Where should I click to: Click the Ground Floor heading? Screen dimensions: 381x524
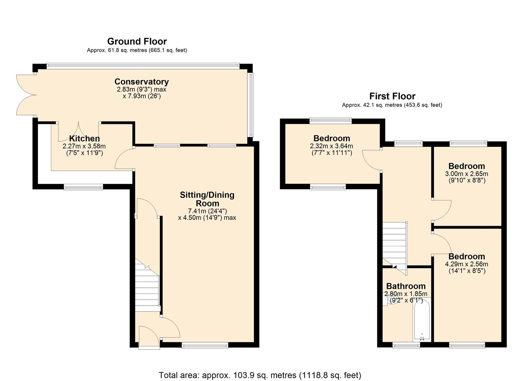[x=137, y=41]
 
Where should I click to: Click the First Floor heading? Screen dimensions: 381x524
[x=392, y=96]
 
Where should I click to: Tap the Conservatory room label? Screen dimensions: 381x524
[x=141, y=82]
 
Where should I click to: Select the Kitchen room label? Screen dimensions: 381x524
[x=84, y=139]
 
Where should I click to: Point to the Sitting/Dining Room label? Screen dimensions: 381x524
[x=207, y=199]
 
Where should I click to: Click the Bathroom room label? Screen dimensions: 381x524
[x=406, y=286]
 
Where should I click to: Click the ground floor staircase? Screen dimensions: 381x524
[x=147, y=286]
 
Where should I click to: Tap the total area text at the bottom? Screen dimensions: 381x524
[x=260, y=375]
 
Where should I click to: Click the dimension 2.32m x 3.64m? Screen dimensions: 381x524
[x=331, y=146]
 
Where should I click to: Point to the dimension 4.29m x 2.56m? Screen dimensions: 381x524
[x=466, y=264]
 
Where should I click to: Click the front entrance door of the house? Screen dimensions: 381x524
[x=149, y=338]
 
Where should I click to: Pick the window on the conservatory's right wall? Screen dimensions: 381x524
[x=251, y=105]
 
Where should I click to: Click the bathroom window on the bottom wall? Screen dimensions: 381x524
[x=406, y=345]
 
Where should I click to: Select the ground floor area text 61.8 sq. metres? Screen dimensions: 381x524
[x=137, y=50]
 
